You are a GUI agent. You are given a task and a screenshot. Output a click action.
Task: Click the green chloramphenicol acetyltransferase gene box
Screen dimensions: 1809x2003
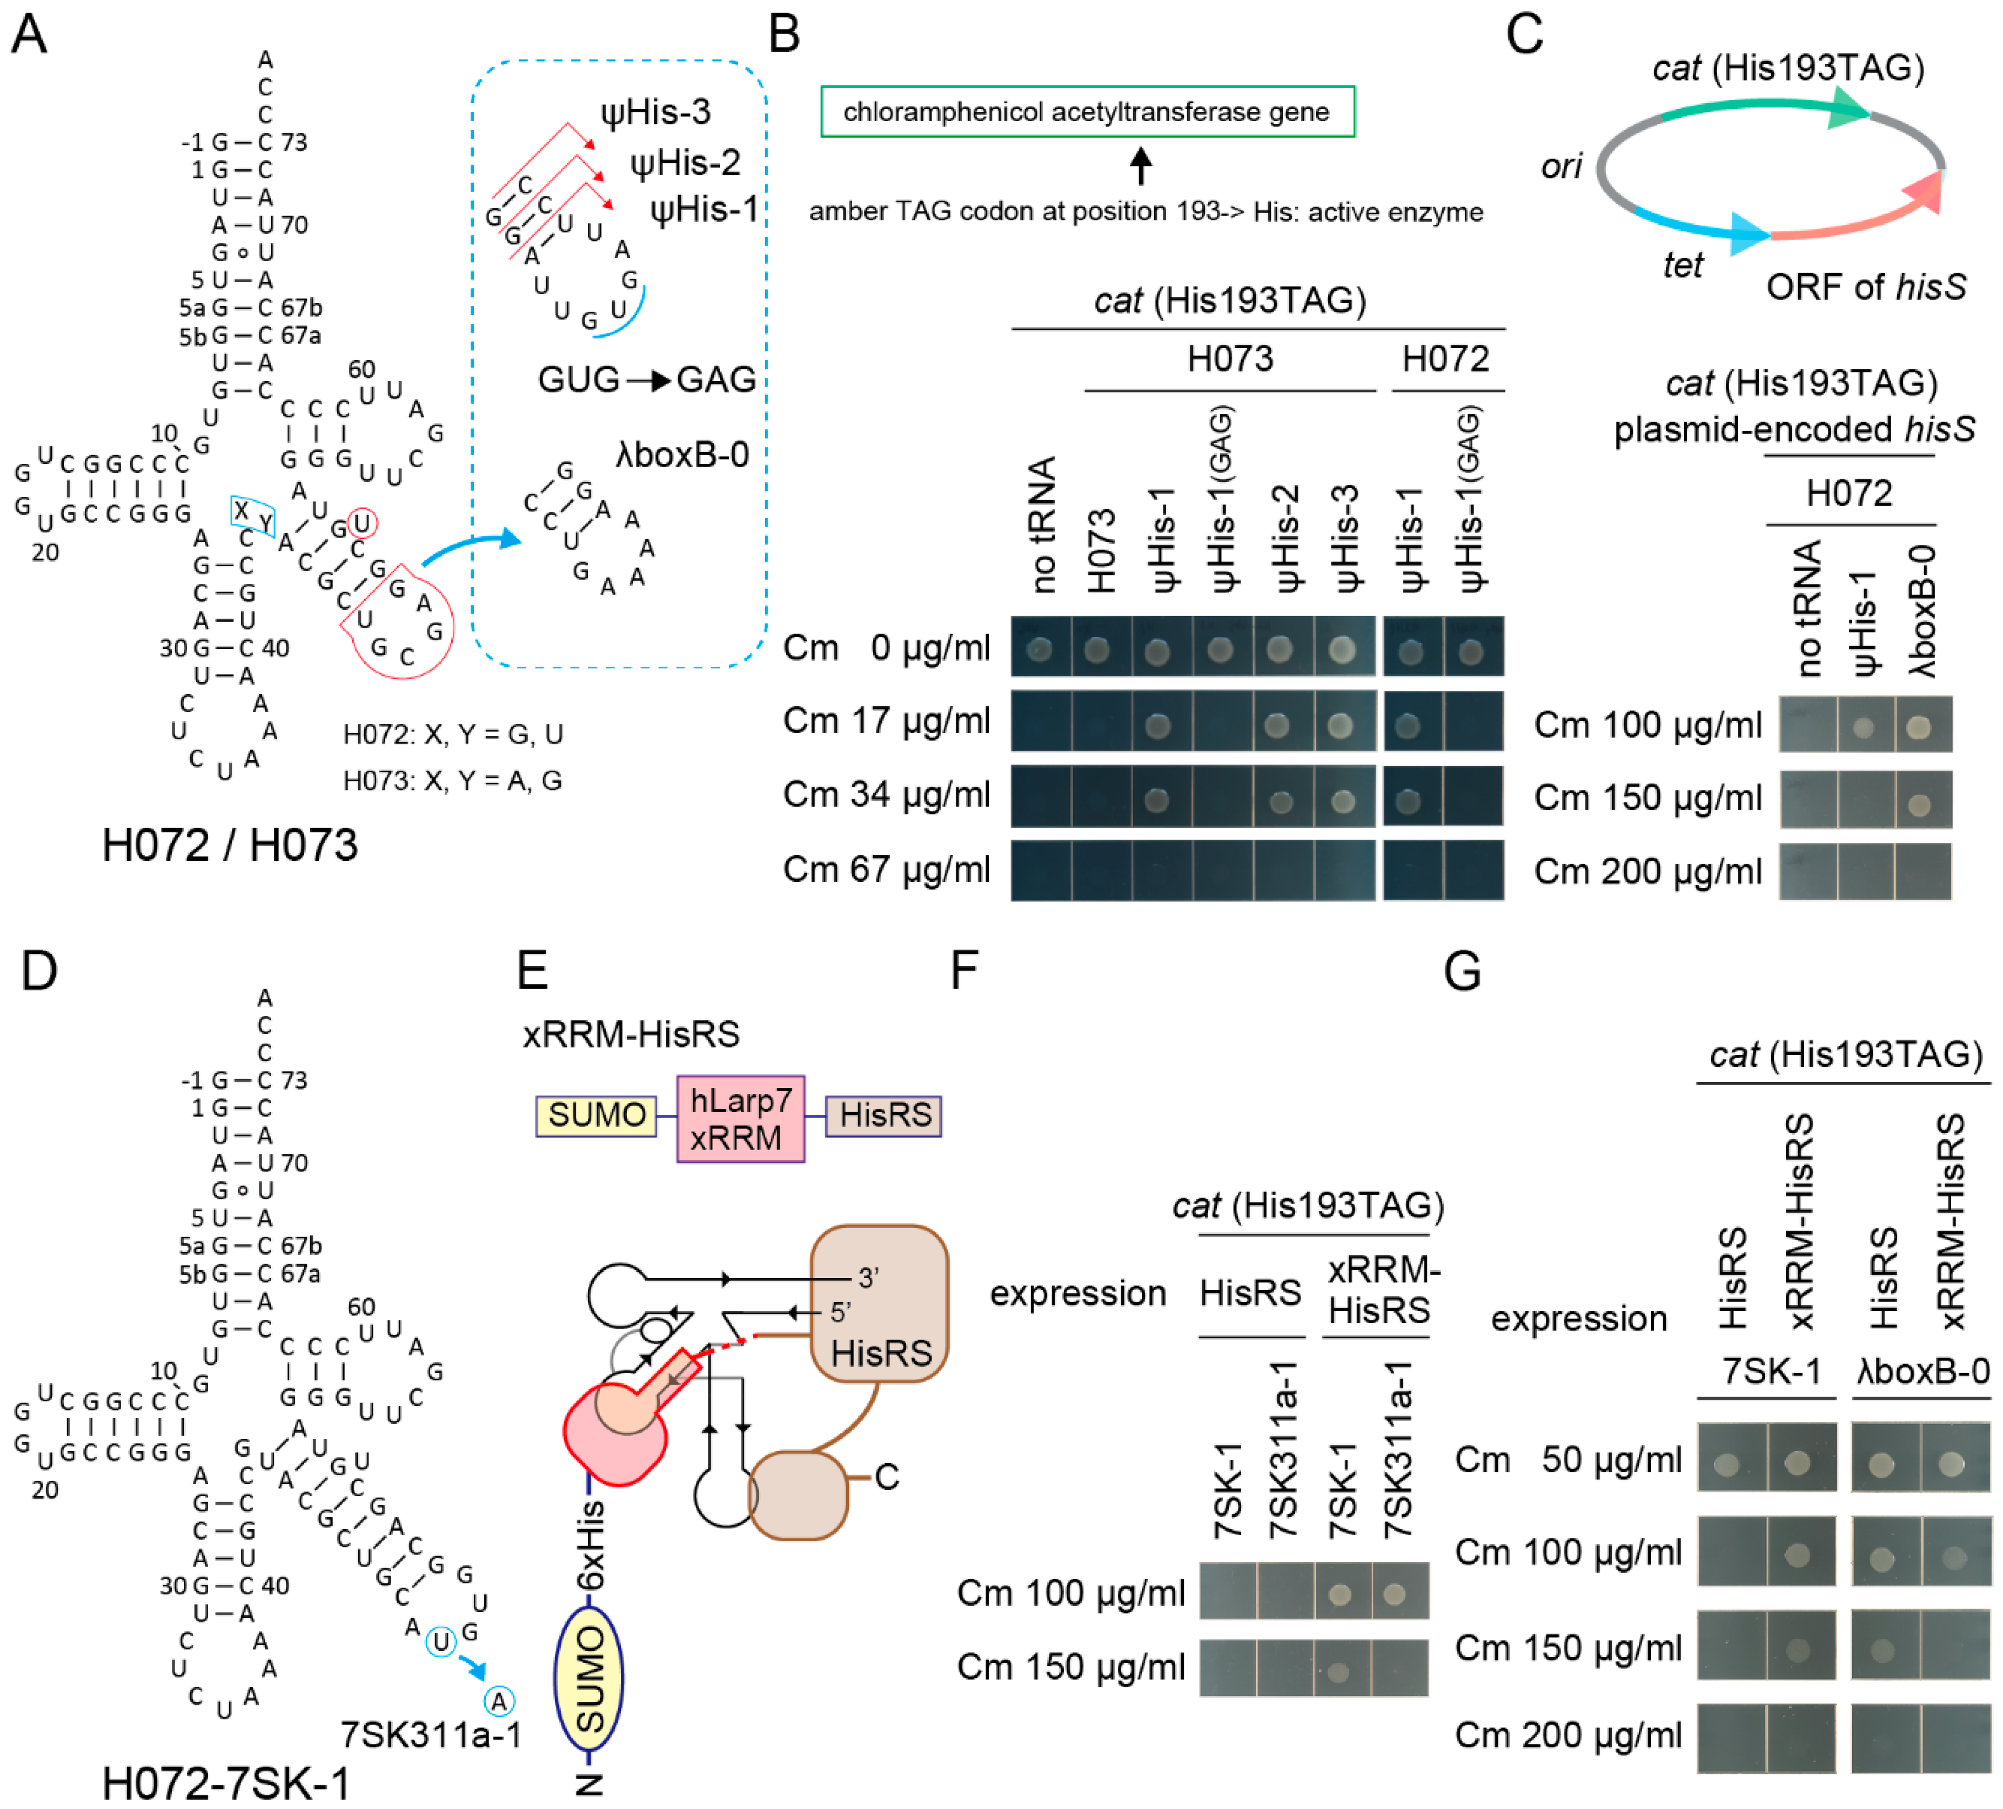1087,111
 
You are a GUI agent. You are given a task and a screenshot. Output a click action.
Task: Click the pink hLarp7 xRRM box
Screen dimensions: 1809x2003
740,1119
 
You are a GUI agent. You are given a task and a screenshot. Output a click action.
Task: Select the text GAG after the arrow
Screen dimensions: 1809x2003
716,380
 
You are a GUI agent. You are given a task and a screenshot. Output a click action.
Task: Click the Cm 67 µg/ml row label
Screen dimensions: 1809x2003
886,869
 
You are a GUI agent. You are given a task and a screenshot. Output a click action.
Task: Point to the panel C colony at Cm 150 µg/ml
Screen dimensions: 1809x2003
1919,804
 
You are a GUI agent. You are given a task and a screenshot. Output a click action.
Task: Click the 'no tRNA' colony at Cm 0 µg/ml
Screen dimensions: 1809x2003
1040,649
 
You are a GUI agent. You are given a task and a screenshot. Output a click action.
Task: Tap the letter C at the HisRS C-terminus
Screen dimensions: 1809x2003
886,1477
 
